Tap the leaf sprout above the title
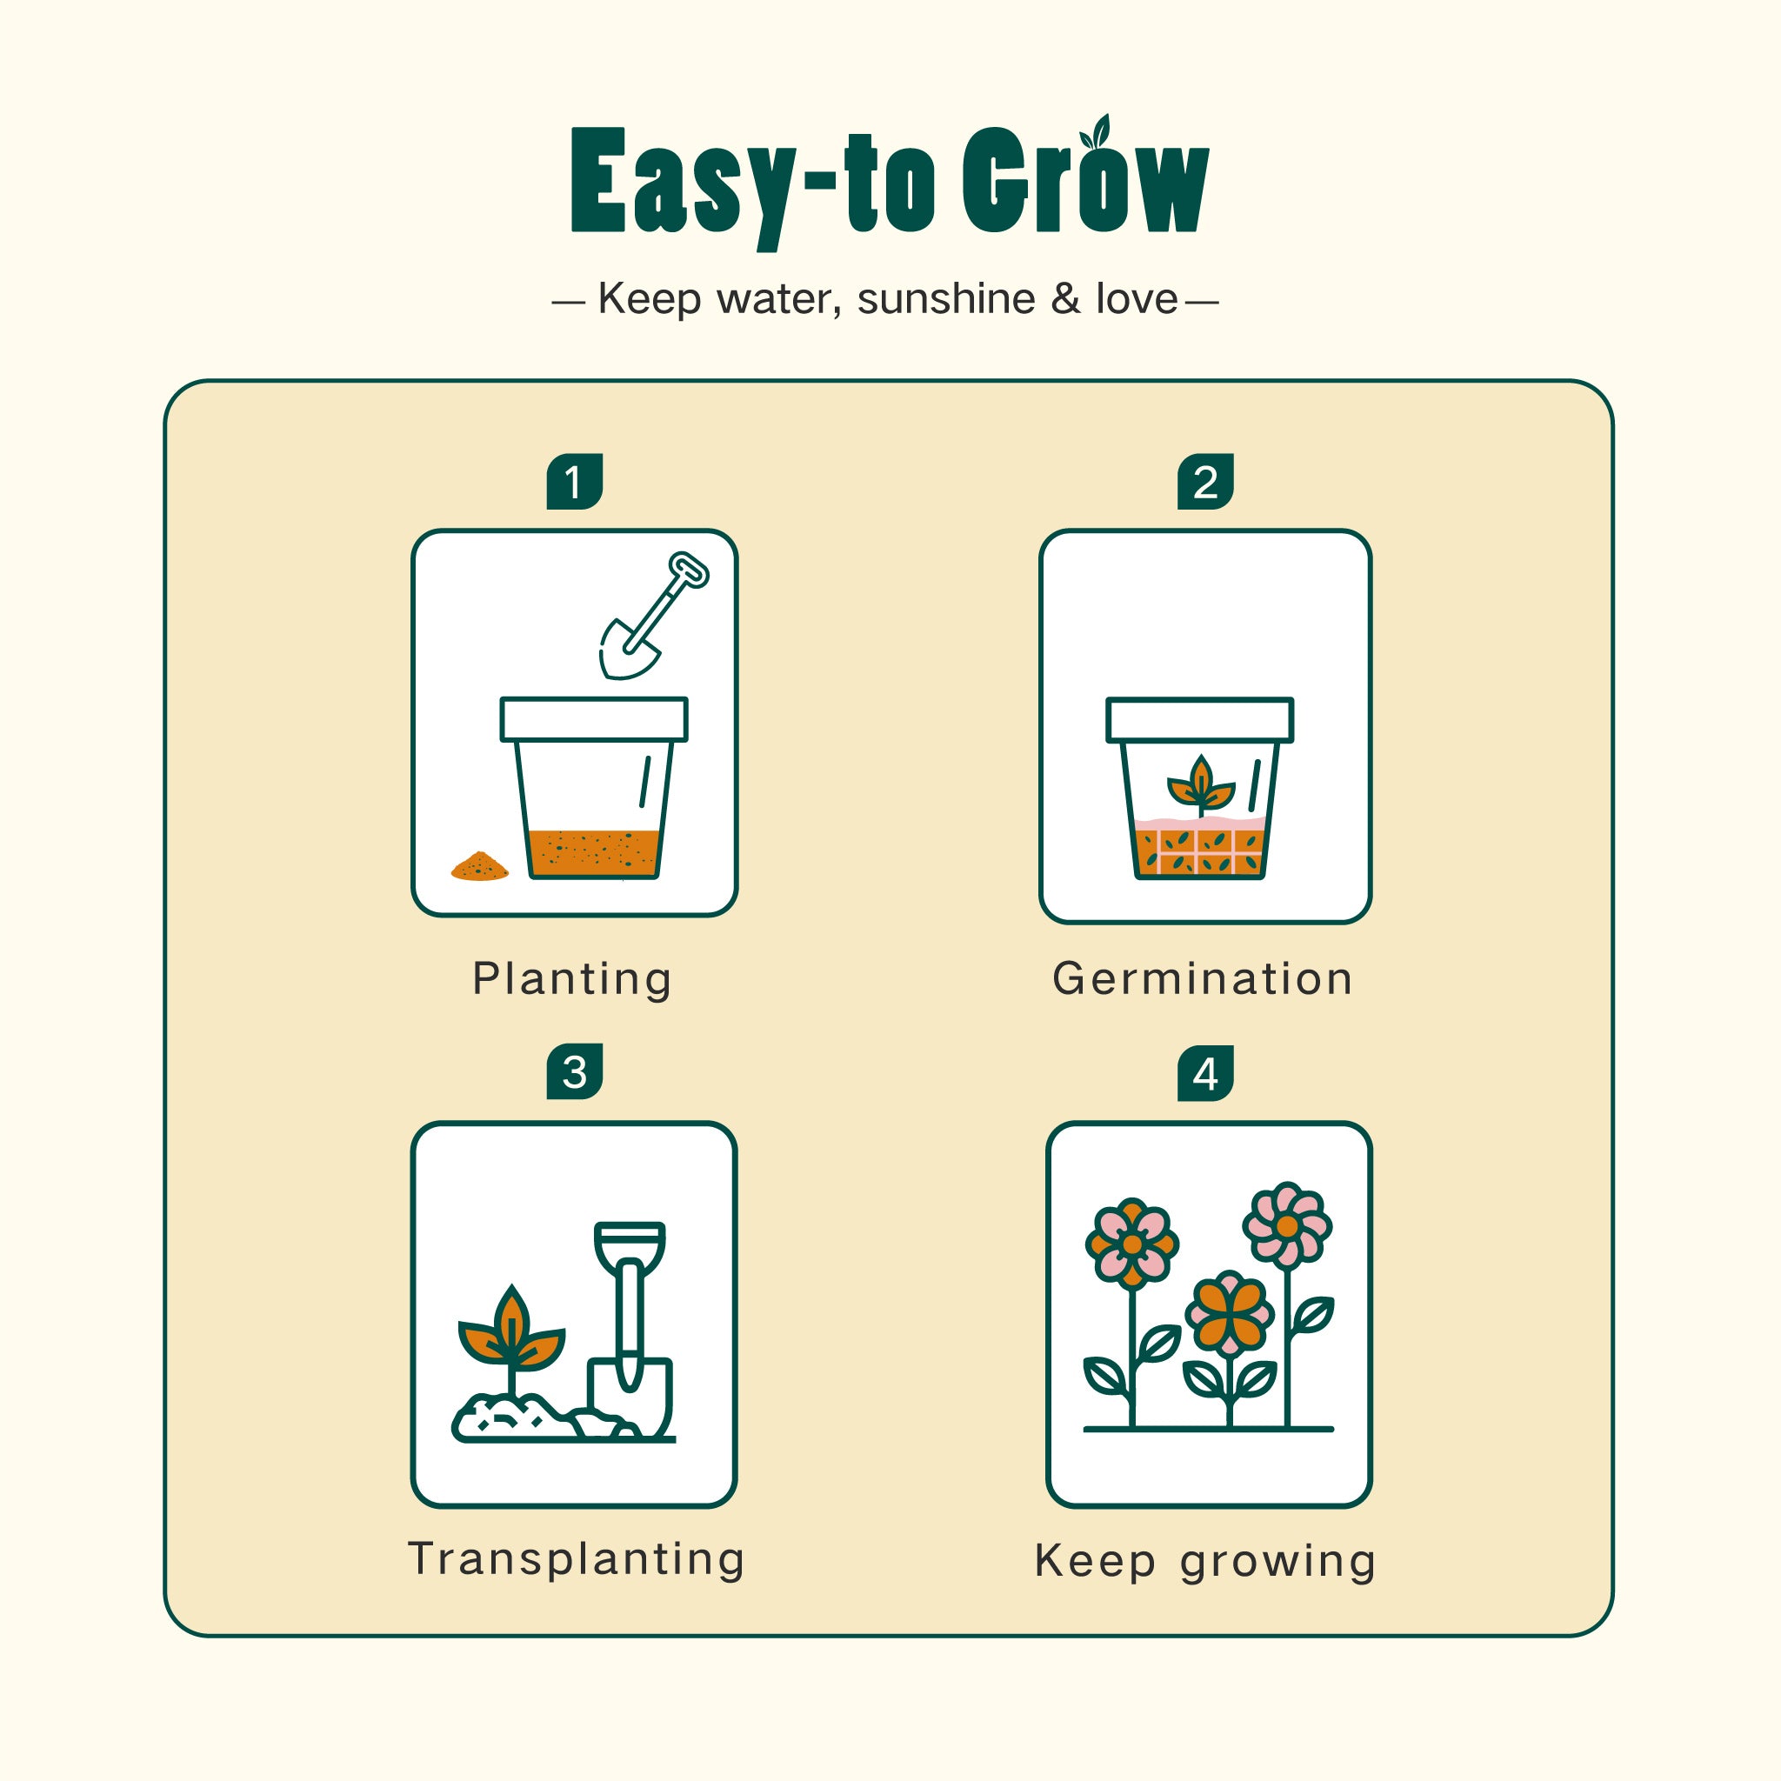(1096, 133)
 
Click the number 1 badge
(574, 481)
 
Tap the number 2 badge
(1204, 481)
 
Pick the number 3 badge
(574, 1071)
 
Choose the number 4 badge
(1204, 1073)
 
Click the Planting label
(571, 980)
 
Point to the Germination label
(1202, 979)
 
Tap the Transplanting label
(577, 1561)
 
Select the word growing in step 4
(1277, 1564)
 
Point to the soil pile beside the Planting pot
(479, 866)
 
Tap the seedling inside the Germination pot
(1200, 785)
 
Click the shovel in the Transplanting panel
(630, 1331)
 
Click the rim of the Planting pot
(594, 719)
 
